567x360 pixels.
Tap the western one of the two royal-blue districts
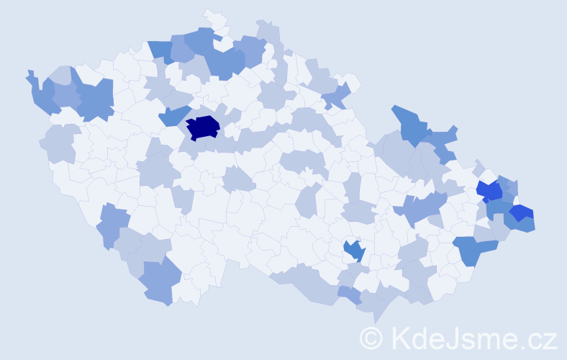[x=490, y=191]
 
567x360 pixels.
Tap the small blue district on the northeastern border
[x=337, y=94]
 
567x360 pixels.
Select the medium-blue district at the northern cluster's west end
[x=161, y=50]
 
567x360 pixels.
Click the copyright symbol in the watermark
[x=371, y=338]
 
